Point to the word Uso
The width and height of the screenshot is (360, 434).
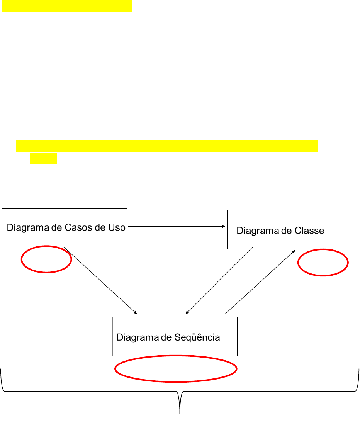pos(117,227)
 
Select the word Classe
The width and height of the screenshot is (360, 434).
pos(309,231)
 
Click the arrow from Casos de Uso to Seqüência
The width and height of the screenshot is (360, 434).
pos(100,280)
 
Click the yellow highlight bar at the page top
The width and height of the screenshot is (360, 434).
pos(68,6)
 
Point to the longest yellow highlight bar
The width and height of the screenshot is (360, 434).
pos(167,146)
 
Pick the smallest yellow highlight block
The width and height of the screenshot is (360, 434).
pos(44,159)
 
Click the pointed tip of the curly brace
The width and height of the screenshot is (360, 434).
pos(180,413)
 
